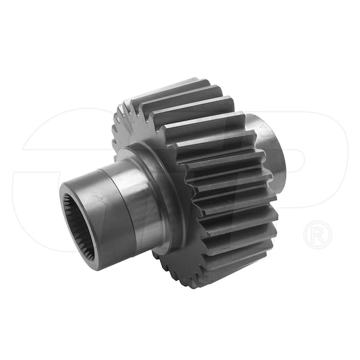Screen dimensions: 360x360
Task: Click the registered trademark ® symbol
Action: coord(318,234)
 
